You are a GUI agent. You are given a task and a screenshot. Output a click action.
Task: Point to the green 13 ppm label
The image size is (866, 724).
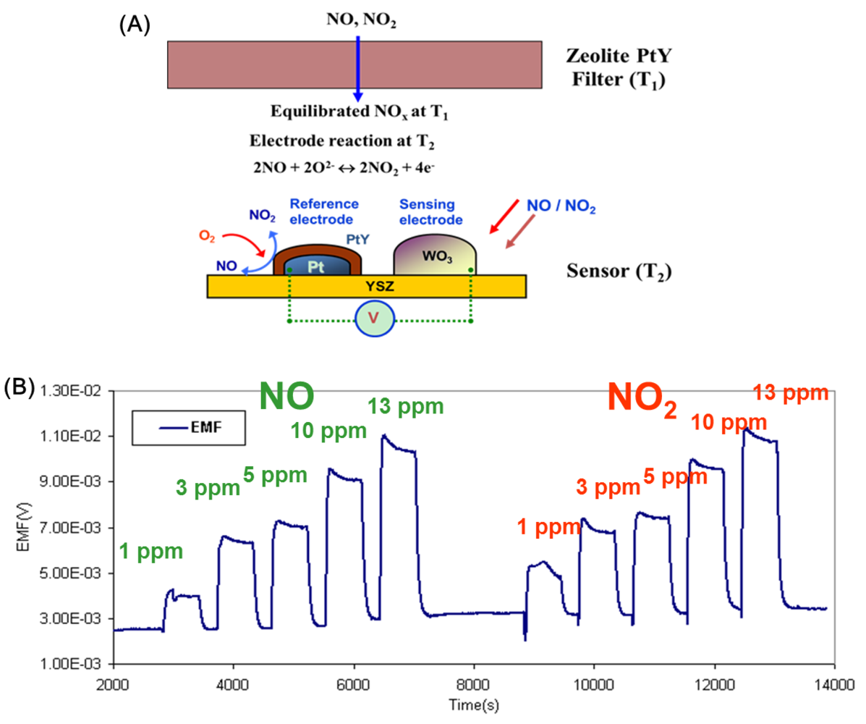click(x=405, y=406)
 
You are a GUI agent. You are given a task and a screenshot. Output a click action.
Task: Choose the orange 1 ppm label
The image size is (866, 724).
click(x=548, y=527)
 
